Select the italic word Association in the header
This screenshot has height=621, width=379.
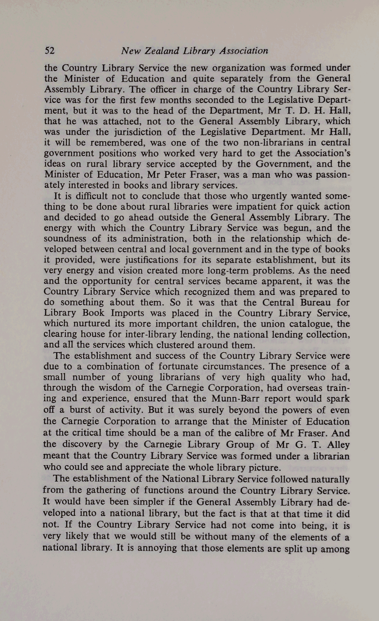[244, 51]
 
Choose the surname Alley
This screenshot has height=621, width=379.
[338, 445]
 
